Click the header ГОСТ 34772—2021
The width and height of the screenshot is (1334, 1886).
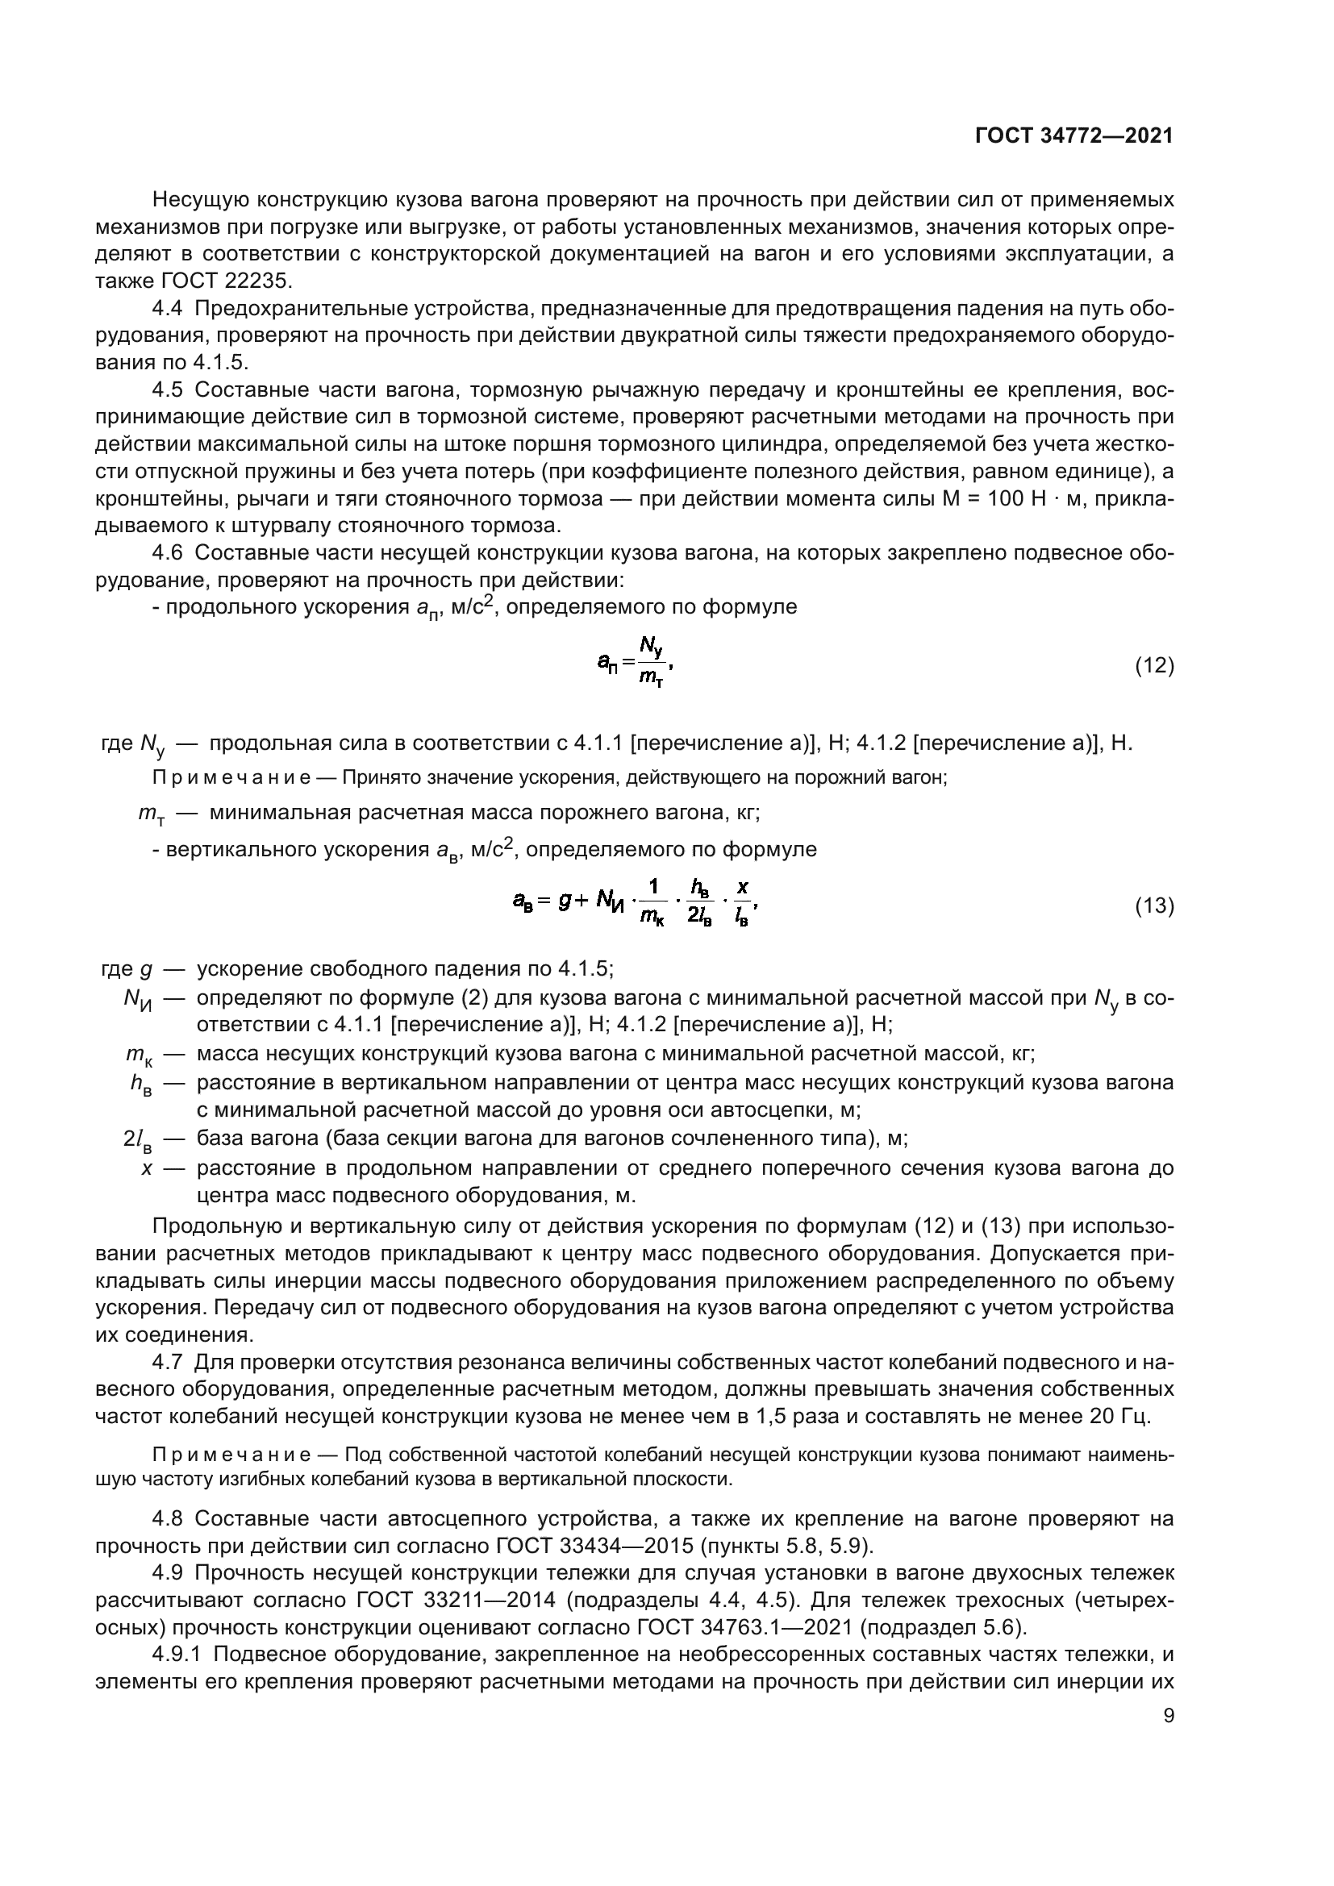coord(1073,136)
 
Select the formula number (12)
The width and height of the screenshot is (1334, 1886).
coord(1154,665)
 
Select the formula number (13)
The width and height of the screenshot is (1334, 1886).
coord(1154,906)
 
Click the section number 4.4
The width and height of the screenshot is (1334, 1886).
coord(169,309)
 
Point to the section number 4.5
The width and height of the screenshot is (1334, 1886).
coord(169,390)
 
